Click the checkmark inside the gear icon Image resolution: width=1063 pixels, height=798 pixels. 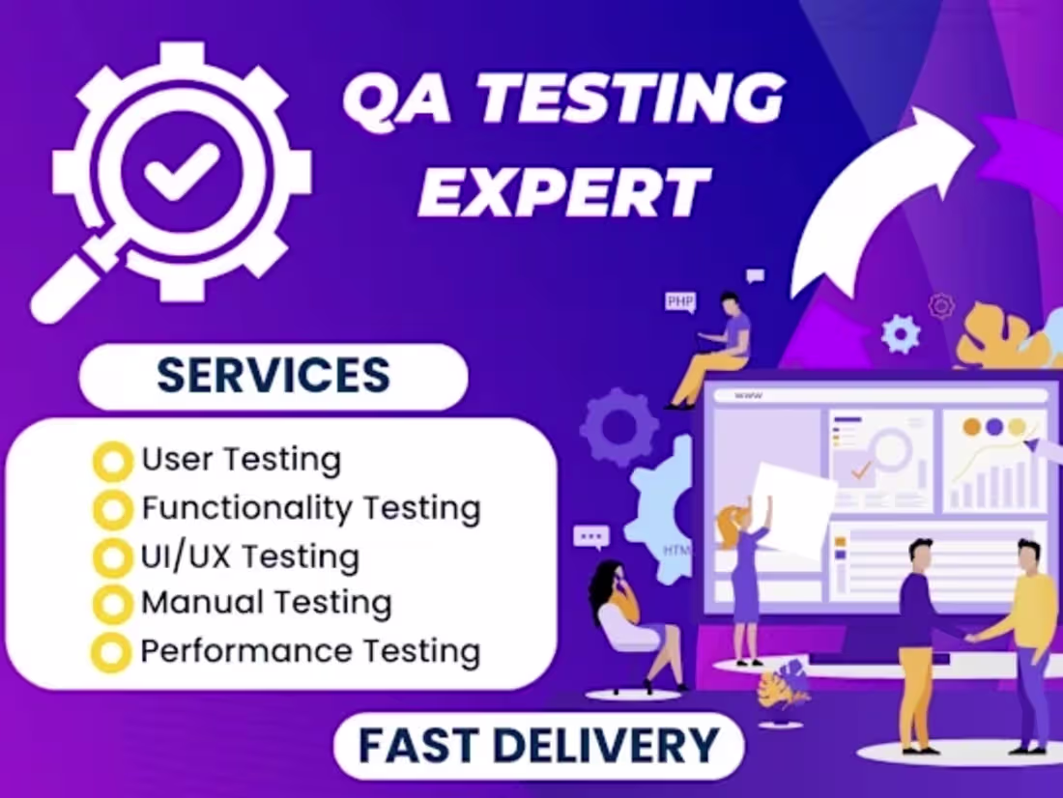182,172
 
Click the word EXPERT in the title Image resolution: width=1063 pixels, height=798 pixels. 565,190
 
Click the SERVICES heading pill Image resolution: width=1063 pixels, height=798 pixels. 273,376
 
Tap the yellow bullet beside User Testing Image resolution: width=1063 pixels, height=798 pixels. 112,462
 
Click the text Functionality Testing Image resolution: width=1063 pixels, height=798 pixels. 310,507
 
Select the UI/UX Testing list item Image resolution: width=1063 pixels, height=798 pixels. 250,556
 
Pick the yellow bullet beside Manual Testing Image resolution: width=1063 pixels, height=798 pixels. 112,605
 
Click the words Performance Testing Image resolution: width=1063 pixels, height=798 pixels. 310,651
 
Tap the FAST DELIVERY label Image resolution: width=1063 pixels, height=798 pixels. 538,746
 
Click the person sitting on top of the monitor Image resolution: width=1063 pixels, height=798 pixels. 720,348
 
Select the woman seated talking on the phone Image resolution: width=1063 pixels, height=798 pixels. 628,618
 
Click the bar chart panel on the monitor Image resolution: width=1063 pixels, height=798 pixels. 993,461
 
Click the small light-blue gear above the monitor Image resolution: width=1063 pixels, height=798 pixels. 901,333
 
